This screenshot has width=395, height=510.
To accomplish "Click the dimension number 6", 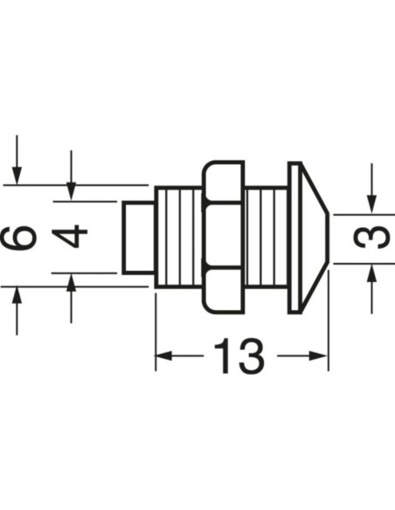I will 24,236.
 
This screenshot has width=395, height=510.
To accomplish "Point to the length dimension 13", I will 239,356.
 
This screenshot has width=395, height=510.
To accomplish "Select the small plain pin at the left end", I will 137,237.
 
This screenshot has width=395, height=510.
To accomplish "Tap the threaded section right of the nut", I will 267,237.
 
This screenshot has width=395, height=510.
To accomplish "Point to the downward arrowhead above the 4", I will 72,190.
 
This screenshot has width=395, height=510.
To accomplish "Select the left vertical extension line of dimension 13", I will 156,332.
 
